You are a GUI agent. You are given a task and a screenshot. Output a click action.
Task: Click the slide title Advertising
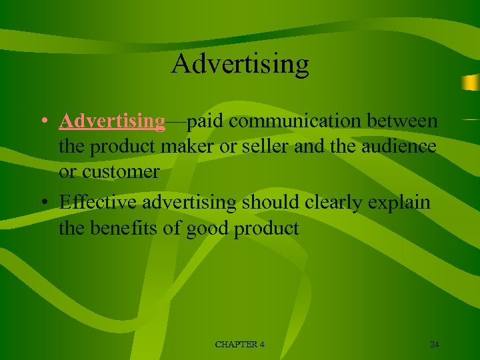tap(240, 64)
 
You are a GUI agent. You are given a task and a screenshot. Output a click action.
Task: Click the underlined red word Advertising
tap(112, 121)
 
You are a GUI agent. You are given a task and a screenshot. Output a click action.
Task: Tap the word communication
tap(288, 121)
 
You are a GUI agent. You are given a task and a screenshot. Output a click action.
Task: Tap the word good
tap(208, 228)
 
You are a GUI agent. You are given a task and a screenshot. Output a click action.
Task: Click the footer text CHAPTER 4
tap(240, 344)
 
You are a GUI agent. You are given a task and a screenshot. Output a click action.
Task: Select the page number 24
tap(435, 344)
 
